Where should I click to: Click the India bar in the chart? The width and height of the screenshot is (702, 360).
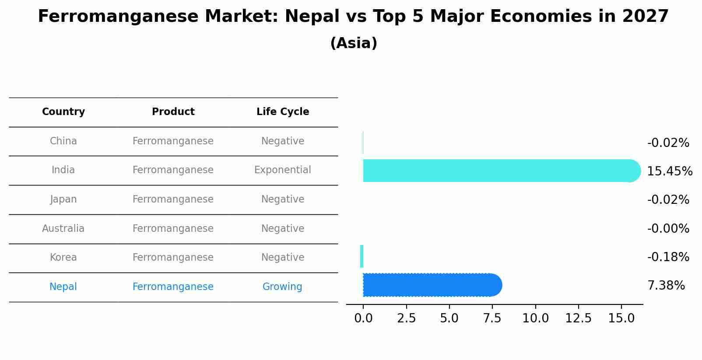[x=499, y=171]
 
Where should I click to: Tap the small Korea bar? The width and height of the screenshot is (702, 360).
[x=362, y=256]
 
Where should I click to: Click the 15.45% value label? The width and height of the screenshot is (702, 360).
[x=669, y=171]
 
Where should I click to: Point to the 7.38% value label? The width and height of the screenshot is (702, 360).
[x=666, y=286]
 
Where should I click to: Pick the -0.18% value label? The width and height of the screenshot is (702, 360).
[x=668, y=257]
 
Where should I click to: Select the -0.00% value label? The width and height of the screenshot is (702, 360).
[x=668, y=229]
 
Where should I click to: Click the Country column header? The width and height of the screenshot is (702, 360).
[x=63, y=112]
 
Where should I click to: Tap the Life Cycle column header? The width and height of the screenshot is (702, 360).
[x=283, y=112]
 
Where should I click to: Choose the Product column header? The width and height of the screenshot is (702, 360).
[x=173, y=112]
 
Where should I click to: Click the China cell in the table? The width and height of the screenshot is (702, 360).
[x=63, y=141]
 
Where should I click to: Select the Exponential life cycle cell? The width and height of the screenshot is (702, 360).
[x=283, y=170]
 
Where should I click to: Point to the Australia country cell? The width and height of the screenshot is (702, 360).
[x=63, y=229]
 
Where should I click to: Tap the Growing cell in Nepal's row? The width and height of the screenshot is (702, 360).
[x=282, y=287]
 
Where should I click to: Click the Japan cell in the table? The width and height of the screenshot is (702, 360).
[x=63, y=199]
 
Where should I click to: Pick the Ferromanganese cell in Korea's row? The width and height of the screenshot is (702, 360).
[x=173, y=258]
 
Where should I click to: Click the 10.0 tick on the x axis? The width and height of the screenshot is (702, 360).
[x=535, y=318]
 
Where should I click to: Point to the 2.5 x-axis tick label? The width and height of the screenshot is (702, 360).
[x=406, y=318]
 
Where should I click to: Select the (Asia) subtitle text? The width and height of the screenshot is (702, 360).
[x=354, y=43]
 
